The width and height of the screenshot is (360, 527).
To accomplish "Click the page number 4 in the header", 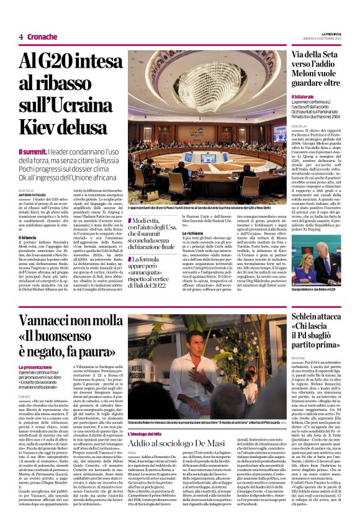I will pos(20,37).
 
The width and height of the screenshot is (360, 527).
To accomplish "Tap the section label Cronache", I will pos(42,37).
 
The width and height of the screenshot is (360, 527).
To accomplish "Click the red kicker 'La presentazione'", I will pos(35,367).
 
